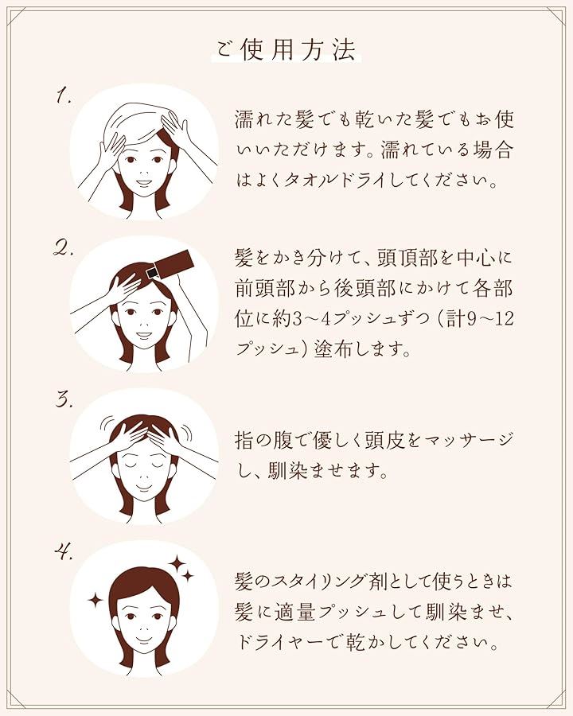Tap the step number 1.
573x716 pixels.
[63, 97]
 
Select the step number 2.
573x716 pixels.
[63, 248]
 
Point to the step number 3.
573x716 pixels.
[64, 400]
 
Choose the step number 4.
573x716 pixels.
[64, 553]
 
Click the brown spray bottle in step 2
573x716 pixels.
[170, 264]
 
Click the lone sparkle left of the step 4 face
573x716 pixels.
[96, 600]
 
